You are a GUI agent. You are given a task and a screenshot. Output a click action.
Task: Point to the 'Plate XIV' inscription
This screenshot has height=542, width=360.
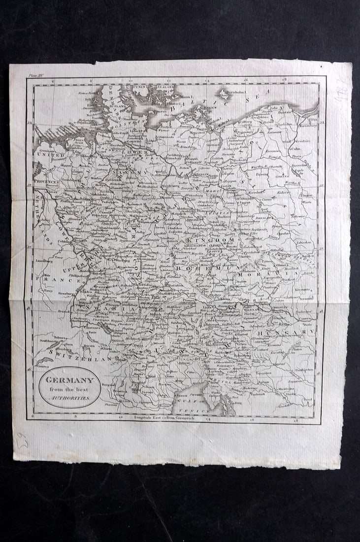[36, 75]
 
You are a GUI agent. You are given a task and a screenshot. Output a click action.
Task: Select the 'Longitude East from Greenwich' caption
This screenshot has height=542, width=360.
[164, 417]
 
